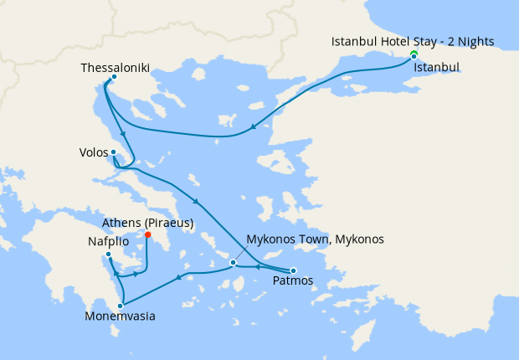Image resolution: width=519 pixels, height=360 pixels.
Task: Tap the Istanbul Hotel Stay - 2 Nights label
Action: [413, 41]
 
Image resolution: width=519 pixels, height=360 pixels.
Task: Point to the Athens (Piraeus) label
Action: [147, 224]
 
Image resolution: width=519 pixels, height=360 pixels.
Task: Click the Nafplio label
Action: [108, 240]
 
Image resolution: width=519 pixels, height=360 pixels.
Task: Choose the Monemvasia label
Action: [120, 317]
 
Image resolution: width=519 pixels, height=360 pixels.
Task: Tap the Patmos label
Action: [293, 282]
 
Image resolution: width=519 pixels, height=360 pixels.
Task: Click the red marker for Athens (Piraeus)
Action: [147, 235]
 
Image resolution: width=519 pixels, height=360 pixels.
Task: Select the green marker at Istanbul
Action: [414, 54]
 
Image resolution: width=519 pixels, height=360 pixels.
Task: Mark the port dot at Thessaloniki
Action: [113, 80]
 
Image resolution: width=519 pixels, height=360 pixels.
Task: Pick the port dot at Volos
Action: [113, 152]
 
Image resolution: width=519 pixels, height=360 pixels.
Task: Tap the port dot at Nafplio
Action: [108, 254]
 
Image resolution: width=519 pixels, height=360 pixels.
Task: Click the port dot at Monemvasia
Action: [121, 306]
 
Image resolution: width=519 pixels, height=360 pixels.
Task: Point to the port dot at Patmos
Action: [293, 270]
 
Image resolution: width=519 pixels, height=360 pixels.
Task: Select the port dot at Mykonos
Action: [234, 264]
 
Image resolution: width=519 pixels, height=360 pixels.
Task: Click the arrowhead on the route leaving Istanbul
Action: [253, 129]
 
